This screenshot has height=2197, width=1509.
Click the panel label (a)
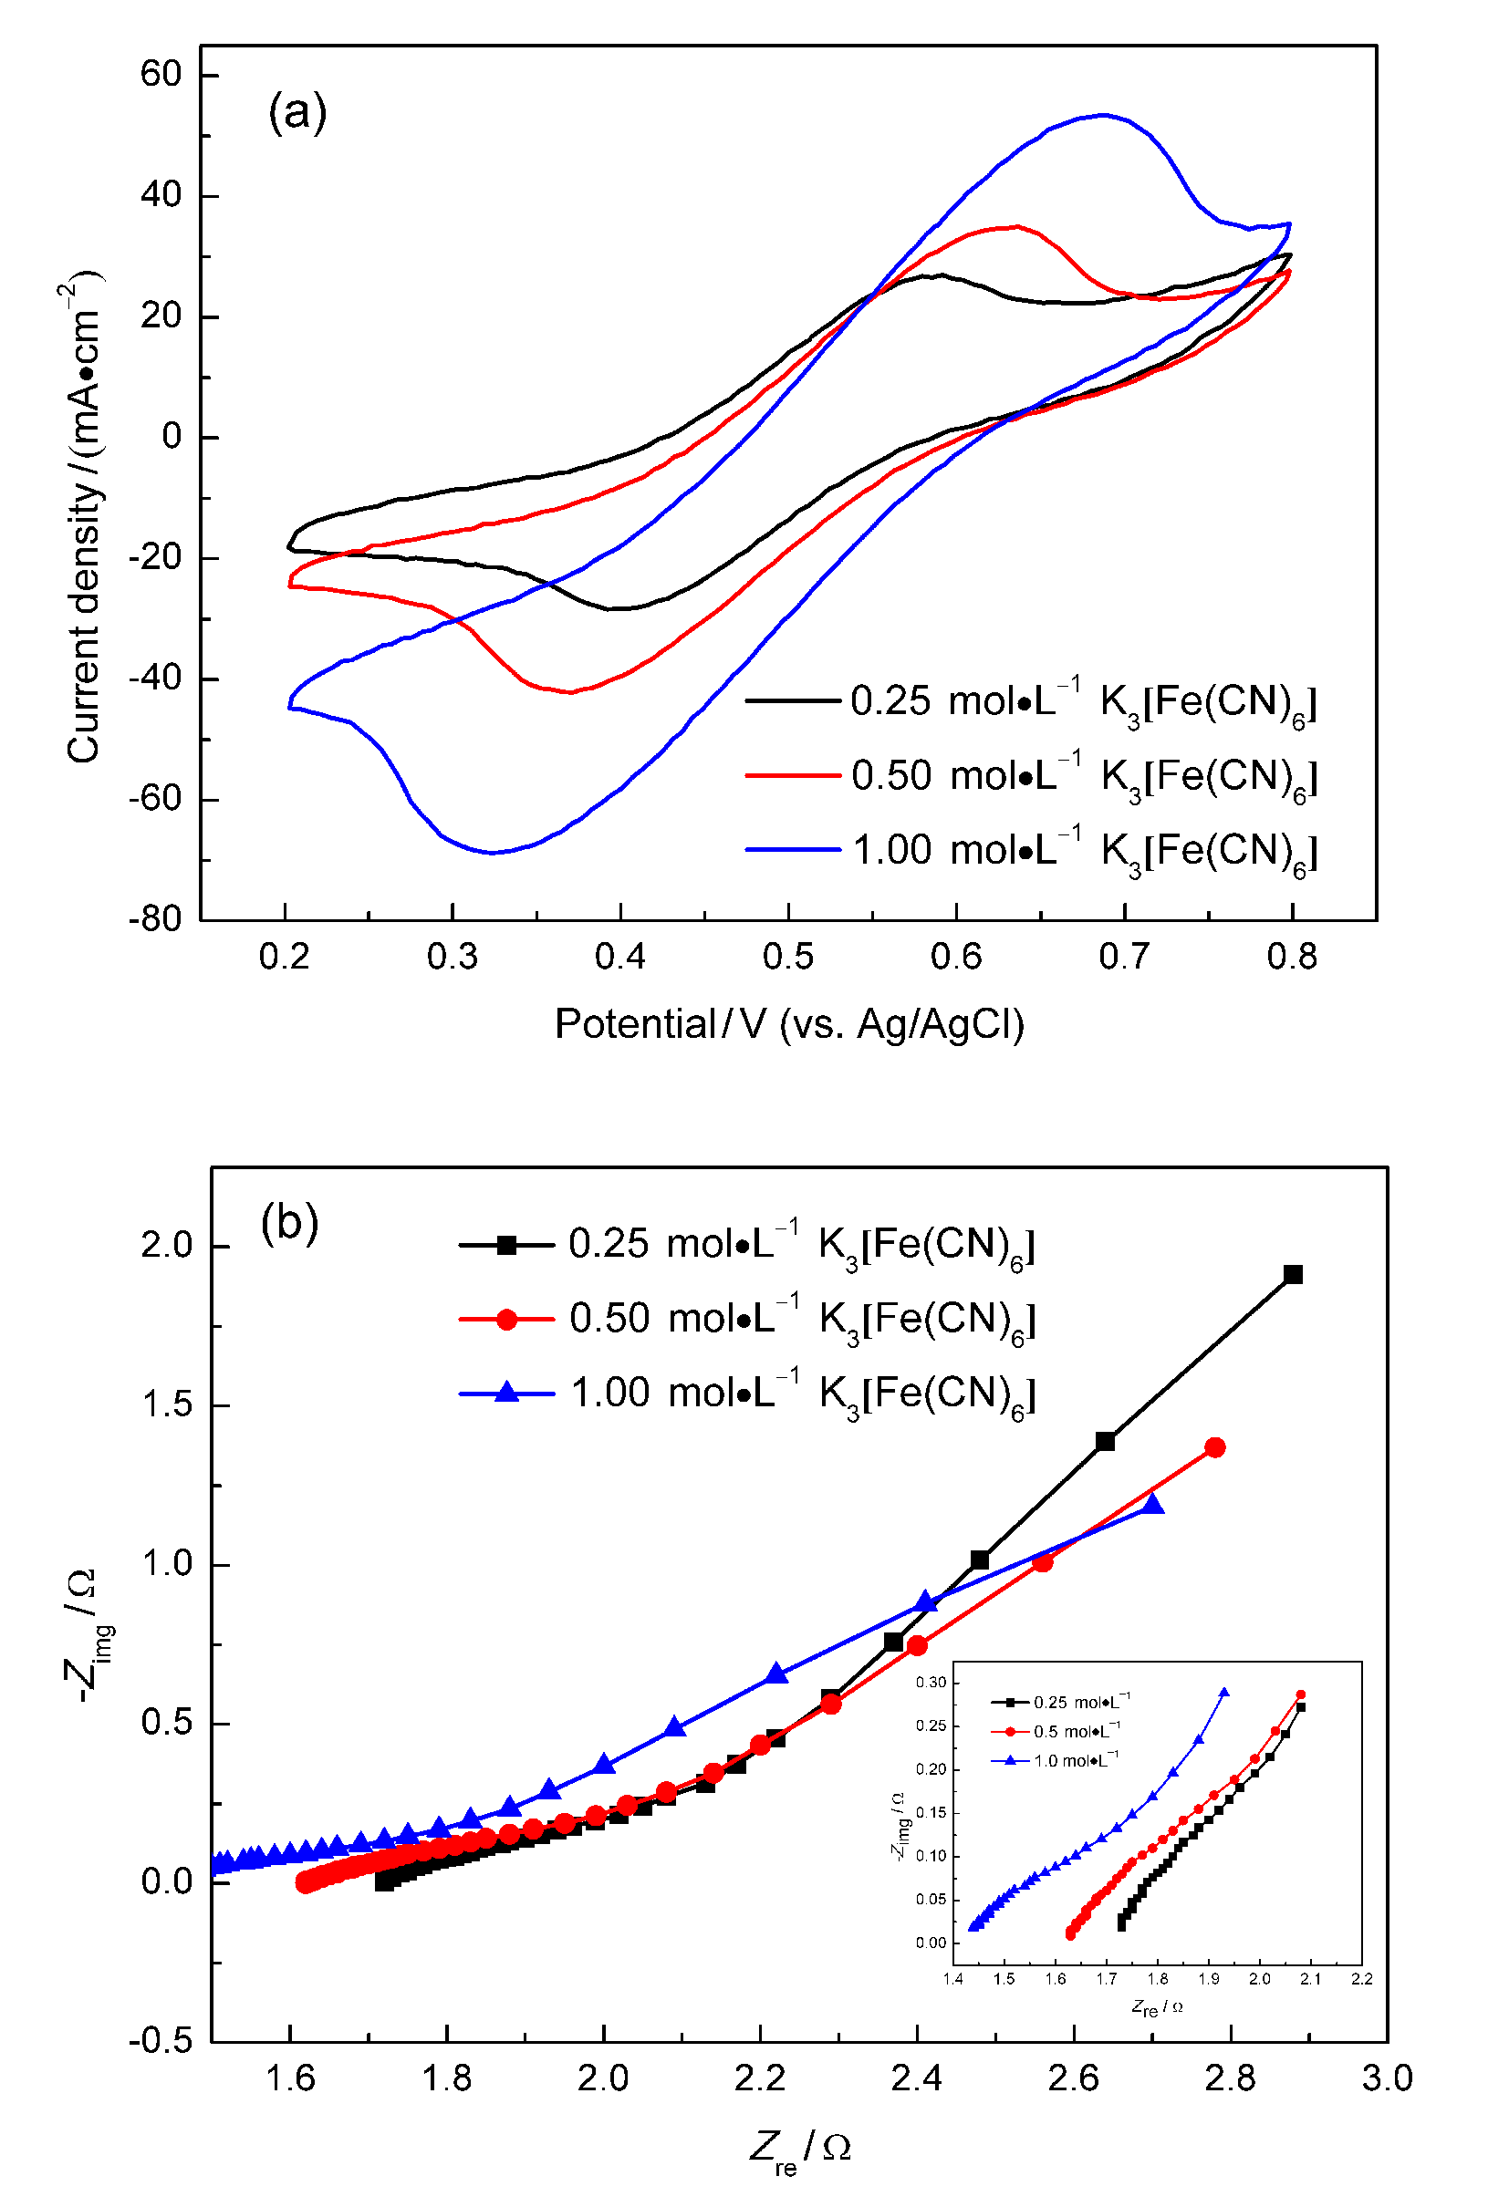[297, 112]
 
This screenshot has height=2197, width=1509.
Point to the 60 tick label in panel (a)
[161, 74]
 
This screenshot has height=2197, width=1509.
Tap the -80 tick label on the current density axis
[155, 919]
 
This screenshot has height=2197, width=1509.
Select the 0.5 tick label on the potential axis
[787, 958]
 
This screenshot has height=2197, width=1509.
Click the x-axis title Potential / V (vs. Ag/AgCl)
[789, 1025]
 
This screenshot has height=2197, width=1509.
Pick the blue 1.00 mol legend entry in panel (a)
[1031, 851]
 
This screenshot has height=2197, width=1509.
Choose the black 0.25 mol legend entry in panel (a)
[1031, 701]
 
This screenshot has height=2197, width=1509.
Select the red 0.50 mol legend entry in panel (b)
[747, 1319]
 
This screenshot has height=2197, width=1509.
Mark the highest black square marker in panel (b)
[1294, 1274]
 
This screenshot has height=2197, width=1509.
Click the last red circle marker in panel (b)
[1215, 1447]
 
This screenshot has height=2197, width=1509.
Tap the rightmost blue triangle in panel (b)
[1151, 1504]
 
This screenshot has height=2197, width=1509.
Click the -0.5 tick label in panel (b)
[161, 2040]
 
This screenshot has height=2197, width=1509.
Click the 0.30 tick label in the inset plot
[931, 1683]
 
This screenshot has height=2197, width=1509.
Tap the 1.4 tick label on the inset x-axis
[953, 1979]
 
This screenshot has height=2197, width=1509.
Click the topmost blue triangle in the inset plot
[1224, 1692]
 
